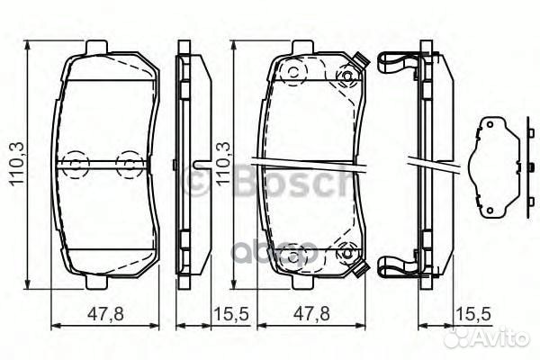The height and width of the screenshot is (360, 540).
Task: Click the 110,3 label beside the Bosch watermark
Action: (x=218, y=163)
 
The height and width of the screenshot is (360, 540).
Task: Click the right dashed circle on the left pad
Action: (x=130, y=163)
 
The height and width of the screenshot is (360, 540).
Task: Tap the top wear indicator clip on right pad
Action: (x=360, y=61)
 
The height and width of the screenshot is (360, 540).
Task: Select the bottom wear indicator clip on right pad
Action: (x=360, y=270)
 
